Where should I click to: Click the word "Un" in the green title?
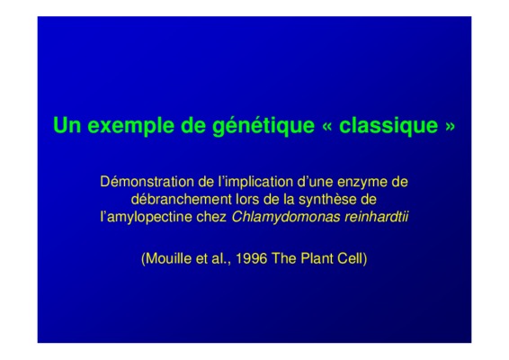(x=67, y=125)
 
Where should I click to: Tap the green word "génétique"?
(x=263, y=126)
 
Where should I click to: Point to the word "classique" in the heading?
(x=388, y=126)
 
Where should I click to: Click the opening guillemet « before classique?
(x=326, y=127)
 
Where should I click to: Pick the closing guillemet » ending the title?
(x=450, y=127)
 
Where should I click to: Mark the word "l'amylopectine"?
(x=146, y=218)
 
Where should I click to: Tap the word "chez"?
(x=211, y=217)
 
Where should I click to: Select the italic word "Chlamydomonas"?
(x=286, y=218)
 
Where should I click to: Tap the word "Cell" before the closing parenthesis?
(x=350, y=258)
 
